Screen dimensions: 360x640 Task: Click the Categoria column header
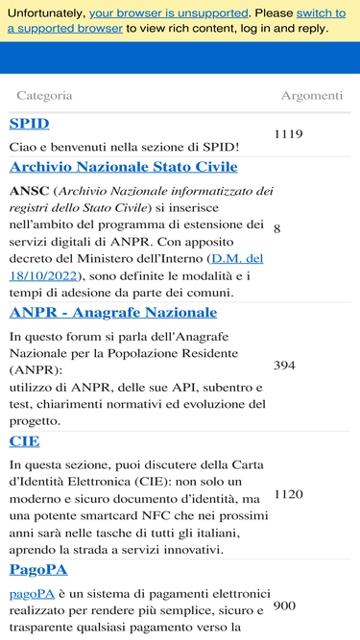click(x=44, y=96)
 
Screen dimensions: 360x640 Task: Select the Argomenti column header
click(x=311, y=96)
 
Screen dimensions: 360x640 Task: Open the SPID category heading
click(x=29, y=124)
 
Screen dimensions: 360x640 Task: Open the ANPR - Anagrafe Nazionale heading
click(x=113, y=313)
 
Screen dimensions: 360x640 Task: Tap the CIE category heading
click(x=24, y=441)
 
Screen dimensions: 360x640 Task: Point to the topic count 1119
click(x=288, y=134)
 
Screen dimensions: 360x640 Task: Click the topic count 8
click(x=276, y=229)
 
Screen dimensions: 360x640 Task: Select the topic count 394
click(x=284, y=366)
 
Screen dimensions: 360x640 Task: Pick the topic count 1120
click(x=288, y=494)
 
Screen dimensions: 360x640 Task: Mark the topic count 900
click(x=284, y=606)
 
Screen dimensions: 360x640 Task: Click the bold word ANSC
click(x=29, y=191)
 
